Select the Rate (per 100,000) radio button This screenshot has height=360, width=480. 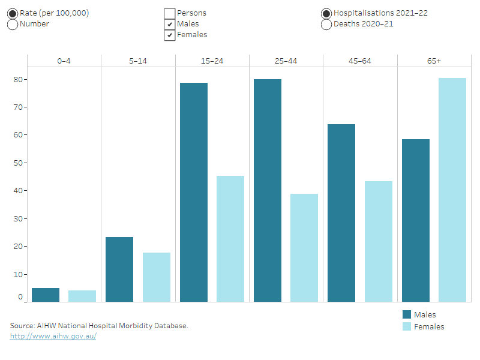[13, 14]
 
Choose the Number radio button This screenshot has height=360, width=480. [13, 25]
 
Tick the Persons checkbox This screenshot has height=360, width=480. [170, 14]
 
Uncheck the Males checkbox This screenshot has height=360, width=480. [170, 25]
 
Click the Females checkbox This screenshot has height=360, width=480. [170, 35]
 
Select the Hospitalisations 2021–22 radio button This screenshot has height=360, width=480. [326, 14]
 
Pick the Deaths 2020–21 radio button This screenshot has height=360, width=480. [326, 25]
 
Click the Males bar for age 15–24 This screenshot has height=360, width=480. [193, 192]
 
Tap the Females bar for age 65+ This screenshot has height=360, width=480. [452, 190]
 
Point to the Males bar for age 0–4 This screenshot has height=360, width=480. [46, 295]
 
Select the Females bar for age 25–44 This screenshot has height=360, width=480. [304, 247]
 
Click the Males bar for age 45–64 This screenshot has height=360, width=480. [341, 212]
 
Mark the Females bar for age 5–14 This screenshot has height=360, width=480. [157, 277]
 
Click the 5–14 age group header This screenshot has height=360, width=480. [138, 61]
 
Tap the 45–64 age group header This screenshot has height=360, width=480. [360, 61]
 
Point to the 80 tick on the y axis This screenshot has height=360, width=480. [18, 79]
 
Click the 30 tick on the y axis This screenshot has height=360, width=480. [18, 218]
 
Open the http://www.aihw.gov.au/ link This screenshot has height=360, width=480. [53, 336]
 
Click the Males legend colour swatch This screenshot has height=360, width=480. [407, 315]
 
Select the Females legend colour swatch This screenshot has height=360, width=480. [407, 326]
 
